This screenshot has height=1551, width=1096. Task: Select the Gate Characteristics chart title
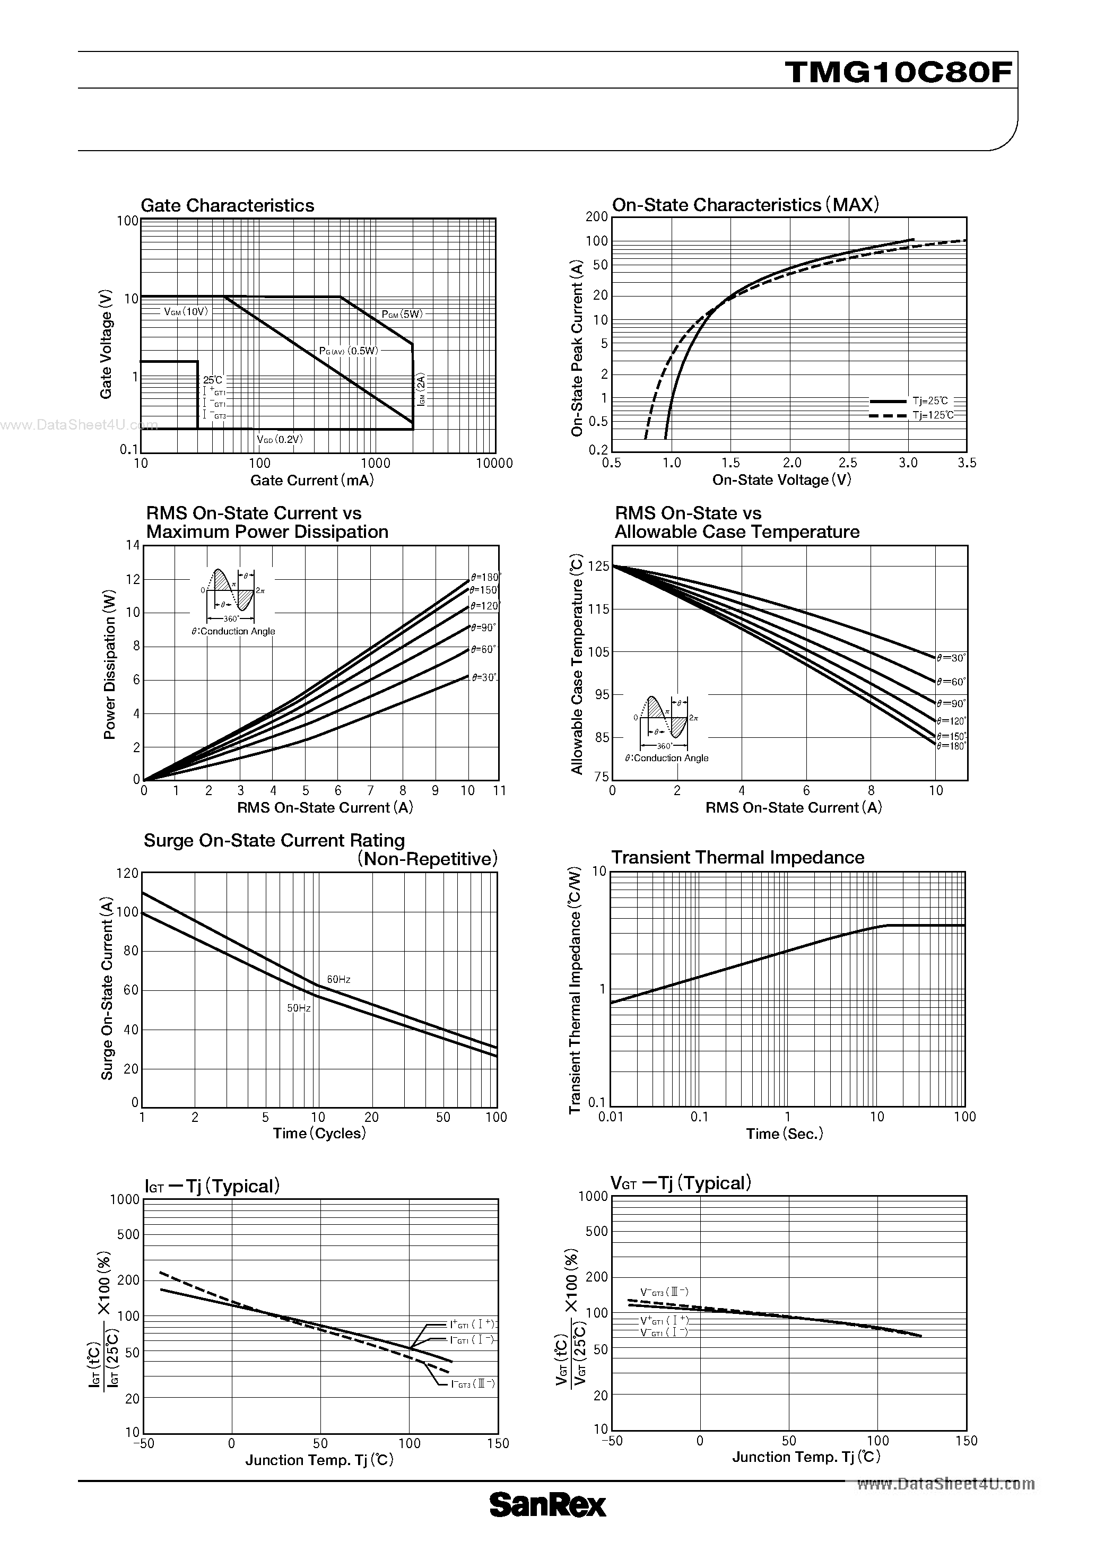227,205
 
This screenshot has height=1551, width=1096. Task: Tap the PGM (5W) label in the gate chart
402,314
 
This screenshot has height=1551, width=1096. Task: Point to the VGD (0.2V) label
280,439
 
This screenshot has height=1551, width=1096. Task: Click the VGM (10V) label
186,311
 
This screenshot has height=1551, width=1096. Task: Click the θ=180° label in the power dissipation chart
486,577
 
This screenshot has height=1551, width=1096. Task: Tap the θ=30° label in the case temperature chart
951,657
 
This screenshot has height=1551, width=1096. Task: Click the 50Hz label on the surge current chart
299,1008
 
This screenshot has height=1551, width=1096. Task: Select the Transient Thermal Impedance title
737,857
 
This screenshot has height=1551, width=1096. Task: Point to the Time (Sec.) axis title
785,1134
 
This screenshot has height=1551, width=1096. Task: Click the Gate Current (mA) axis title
311,480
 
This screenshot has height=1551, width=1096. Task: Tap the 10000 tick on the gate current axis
494,464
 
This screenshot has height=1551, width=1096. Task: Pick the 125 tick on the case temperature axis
599,566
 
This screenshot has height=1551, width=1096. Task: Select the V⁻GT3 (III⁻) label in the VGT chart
664,1292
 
